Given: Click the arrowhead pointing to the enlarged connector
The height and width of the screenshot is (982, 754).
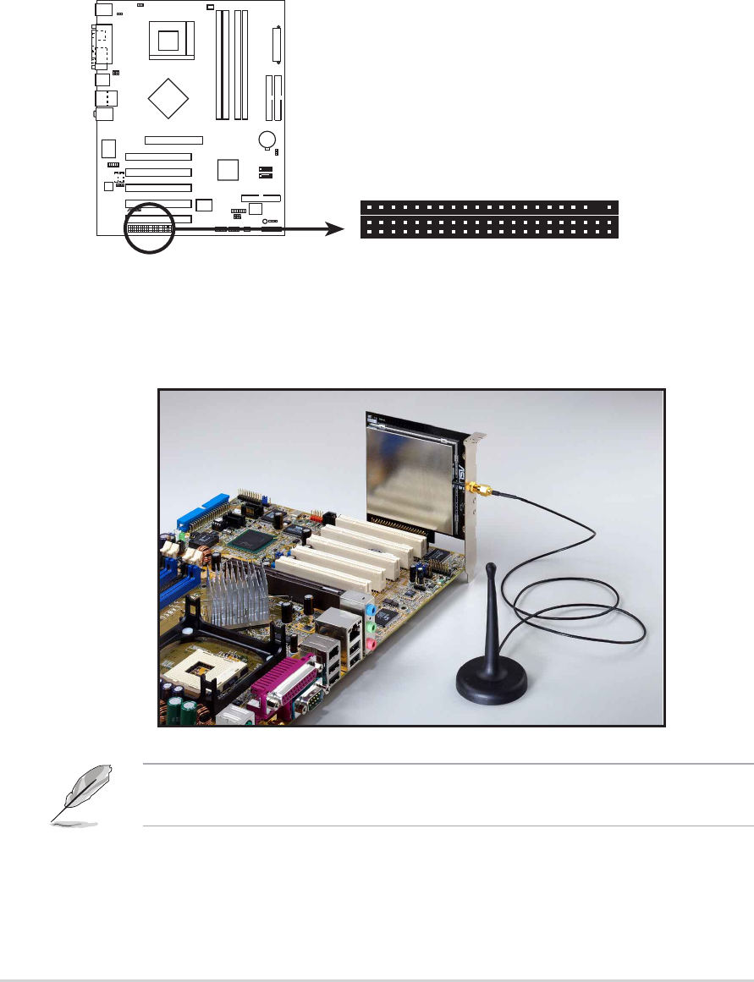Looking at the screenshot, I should [338, 228].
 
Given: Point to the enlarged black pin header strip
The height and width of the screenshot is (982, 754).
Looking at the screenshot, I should [489, 219].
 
